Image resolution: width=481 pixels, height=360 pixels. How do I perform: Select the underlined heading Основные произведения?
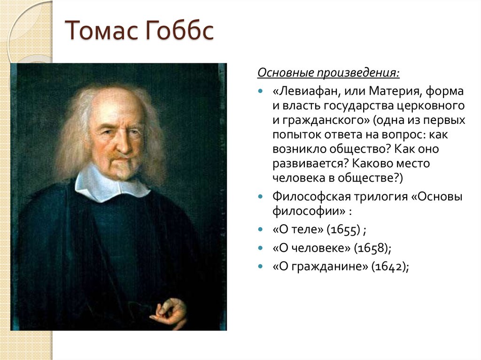(328, 73)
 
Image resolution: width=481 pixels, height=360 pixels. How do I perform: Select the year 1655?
(343, 230)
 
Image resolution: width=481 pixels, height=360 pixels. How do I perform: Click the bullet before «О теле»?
(261, 230)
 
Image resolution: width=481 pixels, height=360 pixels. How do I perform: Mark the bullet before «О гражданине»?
(261, 266)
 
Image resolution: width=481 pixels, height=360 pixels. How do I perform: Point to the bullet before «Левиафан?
(261, 92)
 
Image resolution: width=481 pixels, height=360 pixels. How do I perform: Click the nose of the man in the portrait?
(124, 144)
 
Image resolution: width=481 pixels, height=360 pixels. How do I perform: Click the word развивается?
(311, 164)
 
